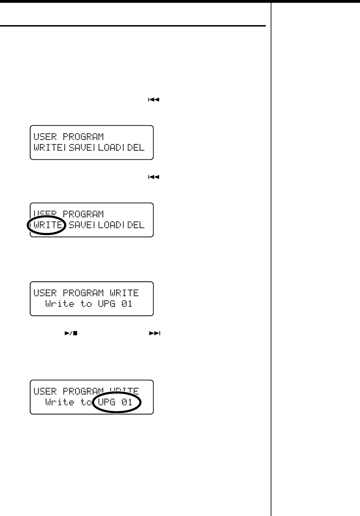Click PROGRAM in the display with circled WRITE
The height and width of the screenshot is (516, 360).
[x=83, y=214]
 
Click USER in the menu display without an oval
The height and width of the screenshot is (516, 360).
[x=45, y=136]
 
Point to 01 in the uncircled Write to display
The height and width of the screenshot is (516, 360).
[x=127, y=304]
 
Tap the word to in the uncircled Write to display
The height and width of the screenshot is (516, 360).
[x=86, y=304]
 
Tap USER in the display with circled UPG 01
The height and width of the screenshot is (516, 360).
[x=45, y=391]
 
